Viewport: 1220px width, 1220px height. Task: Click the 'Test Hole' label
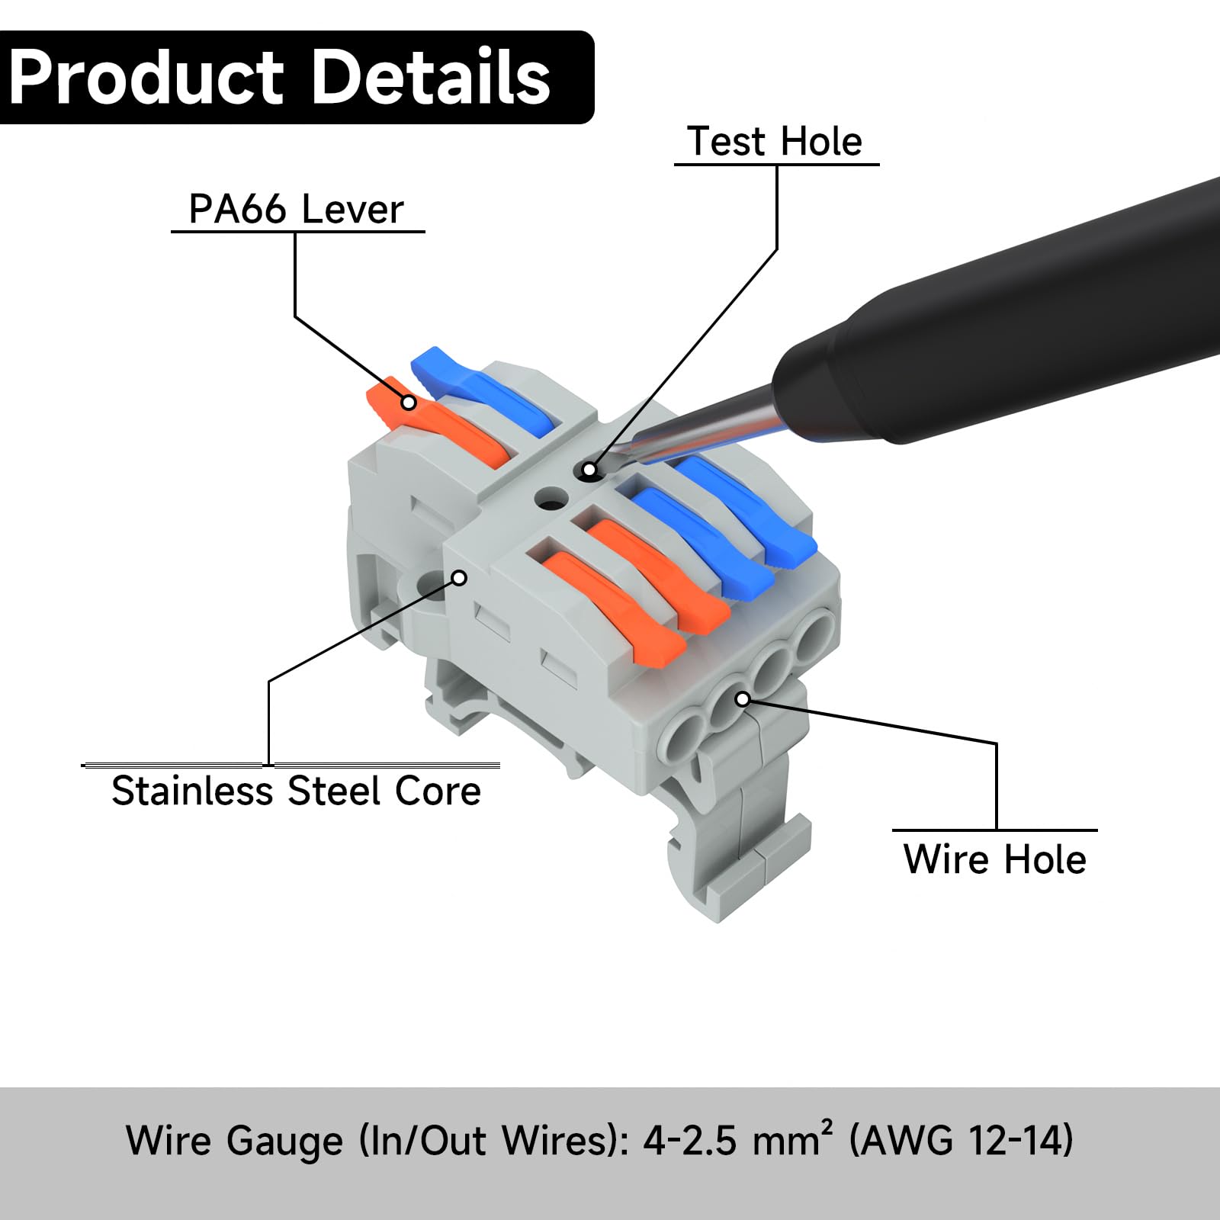click(x=775, y=142)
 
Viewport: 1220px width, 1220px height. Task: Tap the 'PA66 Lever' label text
click(x=296, y=209)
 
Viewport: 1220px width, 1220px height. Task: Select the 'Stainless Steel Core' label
click(x=296, y=791)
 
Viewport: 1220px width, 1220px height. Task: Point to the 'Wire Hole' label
click(x=994, y=859)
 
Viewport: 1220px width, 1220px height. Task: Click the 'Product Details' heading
click(x=280, y=77)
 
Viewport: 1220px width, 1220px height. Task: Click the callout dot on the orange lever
click(x=409, y=402)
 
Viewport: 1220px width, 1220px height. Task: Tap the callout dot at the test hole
click(x=589, y=470)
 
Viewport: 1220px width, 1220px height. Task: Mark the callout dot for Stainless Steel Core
click(x=459, y=578)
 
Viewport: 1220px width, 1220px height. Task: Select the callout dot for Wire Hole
click(x=743, y=698)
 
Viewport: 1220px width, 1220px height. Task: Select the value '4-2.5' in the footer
click(x=690, y=1141)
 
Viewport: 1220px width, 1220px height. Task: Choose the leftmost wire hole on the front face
click(x=681, y=736)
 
